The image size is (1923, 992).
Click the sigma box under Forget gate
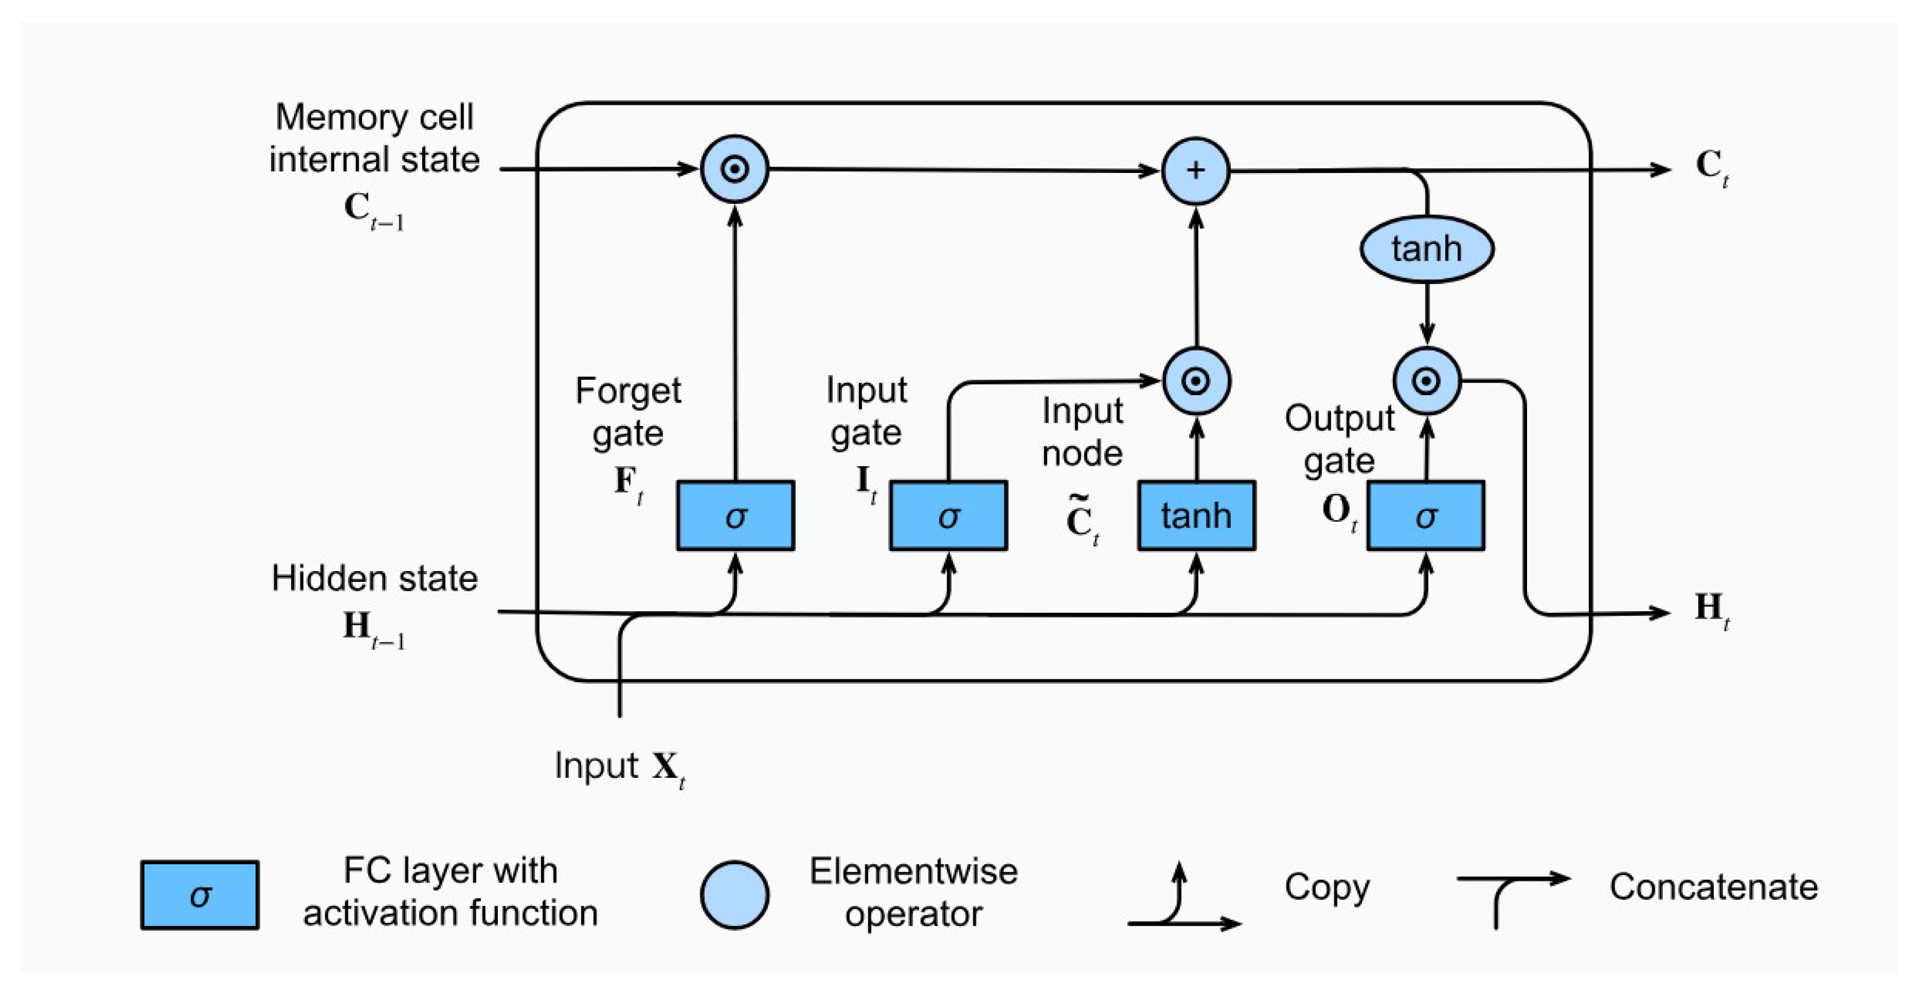pyautogui.click(x=735, y=516)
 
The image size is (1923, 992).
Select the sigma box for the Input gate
pyautogui.click(x=948, y=516)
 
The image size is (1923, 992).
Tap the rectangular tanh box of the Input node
pyautogui.click(x=1196, y=516)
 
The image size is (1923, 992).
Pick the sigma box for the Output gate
pyautogui.click(x=1425, y=516)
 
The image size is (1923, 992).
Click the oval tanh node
pyautogui.click(x=1426, y=249)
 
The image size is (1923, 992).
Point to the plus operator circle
pyautogui.click(x=1195, y=171)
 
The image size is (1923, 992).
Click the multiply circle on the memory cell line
pyautogui.click(x=735, y=170)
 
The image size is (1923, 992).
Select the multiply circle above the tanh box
pyautogui.click(x=1196, y=381)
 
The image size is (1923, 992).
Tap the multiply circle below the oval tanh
pyautogui.click(x=1426, y=381)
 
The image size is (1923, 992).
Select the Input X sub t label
pyautogui.click(x=619, y=766)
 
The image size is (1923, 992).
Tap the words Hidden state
pyautogui.click(x=374, y=578)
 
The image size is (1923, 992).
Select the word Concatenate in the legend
pyautogui.click(x=1713, y=887)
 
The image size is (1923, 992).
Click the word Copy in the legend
pyautogui.click(x=1327, y=887)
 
